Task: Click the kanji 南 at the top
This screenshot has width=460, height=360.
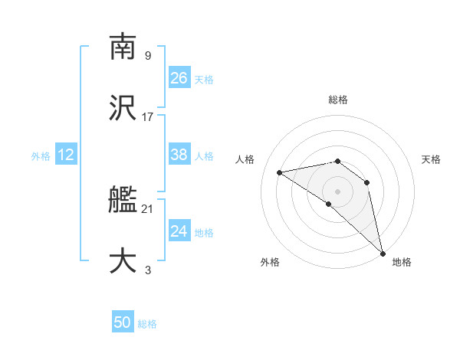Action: click(123, 47)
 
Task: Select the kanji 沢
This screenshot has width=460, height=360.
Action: click(123, 108)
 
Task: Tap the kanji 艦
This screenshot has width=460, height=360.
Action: click(123, 200)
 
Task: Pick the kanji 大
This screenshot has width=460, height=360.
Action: click(123, 261)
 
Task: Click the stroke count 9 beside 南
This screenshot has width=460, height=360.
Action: click(148, 55)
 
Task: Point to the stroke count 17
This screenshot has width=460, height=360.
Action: click(148, 116)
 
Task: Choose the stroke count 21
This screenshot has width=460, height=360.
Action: click(148, 208)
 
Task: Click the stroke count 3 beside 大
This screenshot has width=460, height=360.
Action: click(148, 270)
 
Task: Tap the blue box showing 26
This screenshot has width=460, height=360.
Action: click(179, 78)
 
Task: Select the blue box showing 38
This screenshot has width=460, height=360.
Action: click(179, 155)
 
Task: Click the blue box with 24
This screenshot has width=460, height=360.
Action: click(179, 231)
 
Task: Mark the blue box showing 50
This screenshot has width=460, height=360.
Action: click(123, 322)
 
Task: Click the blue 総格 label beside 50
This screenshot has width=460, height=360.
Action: click(147, 324)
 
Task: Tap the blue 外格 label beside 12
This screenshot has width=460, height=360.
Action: click(41, 156)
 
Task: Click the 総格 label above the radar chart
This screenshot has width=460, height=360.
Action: click(338, 100)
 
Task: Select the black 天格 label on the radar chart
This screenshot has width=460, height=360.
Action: click(432, 159)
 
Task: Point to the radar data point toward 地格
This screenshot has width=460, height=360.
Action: click(383, 253)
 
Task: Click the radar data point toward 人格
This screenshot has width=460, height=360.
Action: click(280, 172)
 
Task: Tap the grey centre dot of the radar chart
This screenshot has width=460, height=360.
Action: click(337, 191)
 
